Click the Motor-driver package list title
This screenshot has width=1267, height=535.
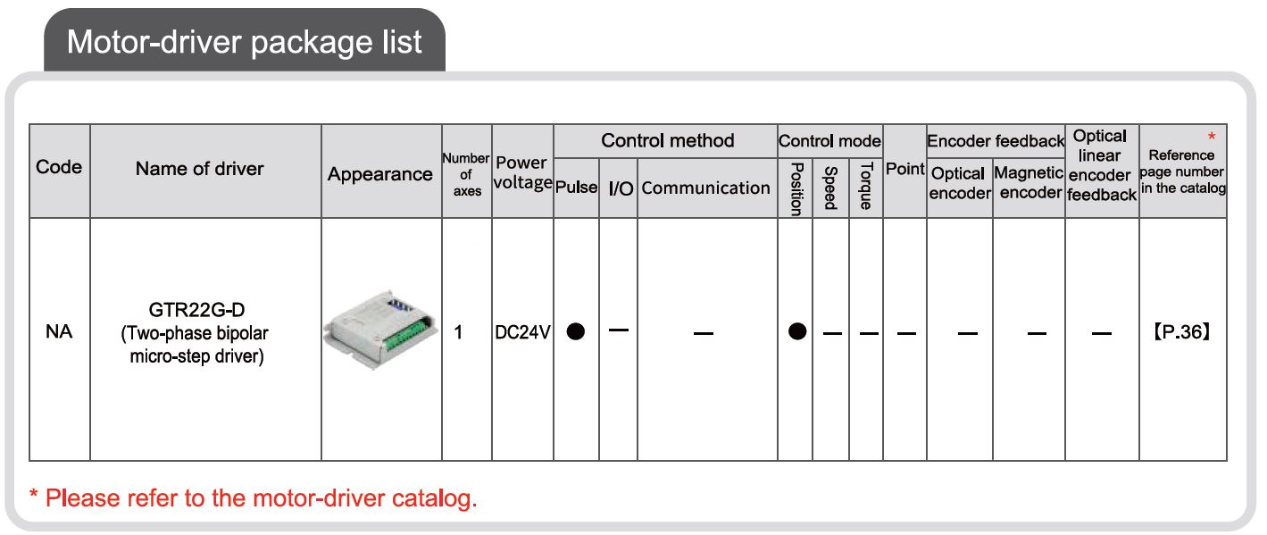click(245, 42)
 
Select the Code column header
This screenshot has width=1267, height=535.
click(59, 167)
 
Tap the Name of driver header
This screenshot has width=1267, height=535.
click(200, 169)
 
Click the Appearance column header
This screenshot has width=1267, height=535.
click(380, 174)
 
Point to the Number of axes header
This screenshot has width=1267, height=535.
click(466, 175)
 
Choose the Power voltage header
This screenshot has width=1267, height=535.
click(522, 172)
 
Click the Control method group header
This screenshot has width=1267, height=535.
click(668, 140)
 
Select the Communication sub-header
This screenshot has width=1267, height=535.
click(706, 188)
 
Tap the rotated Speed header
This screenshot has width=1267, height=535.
click(830, 188)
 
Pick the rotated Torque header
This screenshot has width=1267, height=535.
click(866, 186)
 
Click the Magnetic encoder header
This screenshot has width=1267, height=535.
click(1029, 182)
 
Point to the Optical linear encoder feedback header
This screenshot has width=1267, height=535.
click(1101, 165)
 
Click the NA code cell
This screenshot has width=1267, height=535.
click(59, 331)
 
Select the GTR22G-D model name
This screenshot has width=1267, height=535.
click(196, 310)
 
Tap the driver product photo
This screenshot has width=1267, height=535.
click(380, 330)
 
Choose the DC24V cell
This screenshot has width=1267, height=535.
click(522, 332)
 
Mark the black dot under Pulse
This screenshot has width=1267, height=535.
click(576, 331)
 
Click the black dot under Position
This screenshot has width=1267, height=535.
click(797, 331)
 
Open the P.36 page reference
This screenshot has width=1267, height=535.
click(1181, 332)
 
